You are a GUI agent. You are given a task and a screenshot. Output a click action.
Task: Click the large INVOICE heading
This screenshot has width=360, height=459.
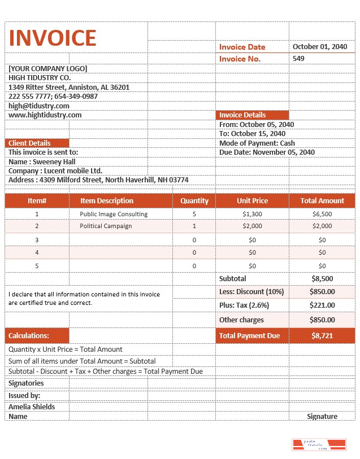[x=53, y=38]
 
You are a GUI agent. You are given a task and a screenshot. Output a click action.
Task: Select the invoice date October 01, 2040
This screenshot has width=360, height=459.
[x=319, y=47]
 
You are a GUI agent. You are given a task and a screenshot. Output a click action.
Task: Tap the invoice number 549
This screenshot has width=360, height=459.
[x=298, y=59]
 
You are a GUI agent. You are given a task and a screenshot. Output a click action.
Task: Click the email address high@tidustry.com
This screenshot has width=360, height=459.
[x=39, y=106]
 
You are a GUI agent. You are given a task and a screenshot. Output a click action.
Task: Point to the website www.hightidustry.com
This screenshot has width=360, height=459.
[x=45, y=115]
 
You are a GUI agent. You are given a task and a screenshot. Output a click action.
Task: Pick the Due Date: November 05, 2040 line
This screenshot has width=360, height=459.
[x=267, y=152]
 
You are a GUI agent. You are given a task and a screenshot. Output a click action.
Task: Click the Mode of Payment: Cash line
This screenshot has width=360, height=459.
[x=257, y=143]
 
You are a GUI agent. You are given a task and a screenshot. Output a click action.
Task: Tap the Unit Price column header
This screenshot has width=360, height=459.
[x=252, y=201]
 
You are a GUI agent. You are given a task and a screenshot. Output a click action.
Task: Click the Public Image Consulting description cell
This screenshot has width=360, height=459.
[x=114, y=215]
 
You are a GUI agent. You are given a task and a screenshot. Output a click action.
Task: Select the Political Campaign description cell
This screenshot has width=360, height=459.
[x=106, y=226]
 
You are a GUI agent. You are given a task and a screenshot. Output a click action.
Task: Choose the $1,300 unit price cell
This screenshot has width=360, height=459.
[x=252, y=215]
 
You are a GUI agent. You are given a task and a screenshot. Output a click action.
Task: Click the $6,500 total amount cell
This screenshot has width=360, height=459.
[x=322, y=215]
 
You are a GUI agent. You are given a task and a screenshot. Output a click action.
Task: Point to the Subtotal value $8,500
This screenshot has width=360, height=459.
[x=322, y=279]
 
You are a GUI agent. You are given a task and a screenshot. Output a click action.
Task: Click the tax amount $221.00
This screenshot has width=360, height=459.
[x=322, y=305]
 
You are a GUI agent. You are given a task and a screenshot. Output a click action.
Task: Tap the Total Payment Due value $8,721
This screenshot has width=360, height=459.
[x=322, y=336]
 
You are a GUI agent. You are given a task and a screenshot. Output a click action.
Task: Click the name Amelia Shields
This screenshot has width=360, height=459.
[x=32, y=407]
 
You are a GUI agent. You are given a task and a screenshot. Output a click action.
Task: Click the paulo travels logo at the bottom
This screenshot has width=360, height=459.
[x=318, y=444]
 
